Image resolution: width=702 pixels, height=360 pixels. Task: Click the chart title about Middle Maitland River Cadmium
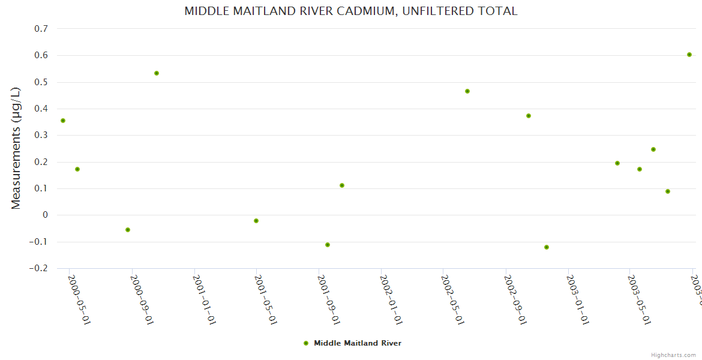[x=350, y=11]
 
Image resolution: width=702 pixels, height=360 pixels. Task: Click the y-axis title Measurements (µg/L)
[x=16, y=148]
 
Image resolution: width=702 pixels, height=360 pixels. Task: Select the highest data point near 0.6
[x=689, y=55]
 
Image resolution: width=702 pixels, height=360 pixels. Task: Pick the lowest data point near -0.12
[x=547, y=247]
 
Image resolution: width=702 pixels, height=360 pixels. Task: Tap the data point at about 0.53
[x=157, y=73]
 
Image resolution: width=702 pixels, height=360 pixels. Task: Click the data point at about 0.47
[x=467, y=91]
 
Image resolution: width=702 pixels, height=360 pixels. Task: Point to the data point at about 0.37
[x=529, y=116]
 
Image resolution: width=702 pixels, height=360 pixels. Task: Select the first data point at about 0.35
[x=63, y=121]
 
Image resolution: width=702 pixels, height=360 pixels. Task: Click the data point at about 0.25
[x=653, y=149]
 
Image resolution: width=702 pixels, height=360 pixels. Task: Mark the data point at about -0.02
[x=256, y=221]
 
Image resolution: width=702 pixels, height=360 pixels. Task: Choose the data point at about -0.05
[x=128, y=230]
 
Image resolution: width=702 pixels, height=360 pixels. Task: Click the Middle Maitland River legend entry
[x=352, y=343]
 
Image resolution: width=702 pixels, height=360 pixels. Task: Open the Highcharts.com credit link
[x=674, y=355]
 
